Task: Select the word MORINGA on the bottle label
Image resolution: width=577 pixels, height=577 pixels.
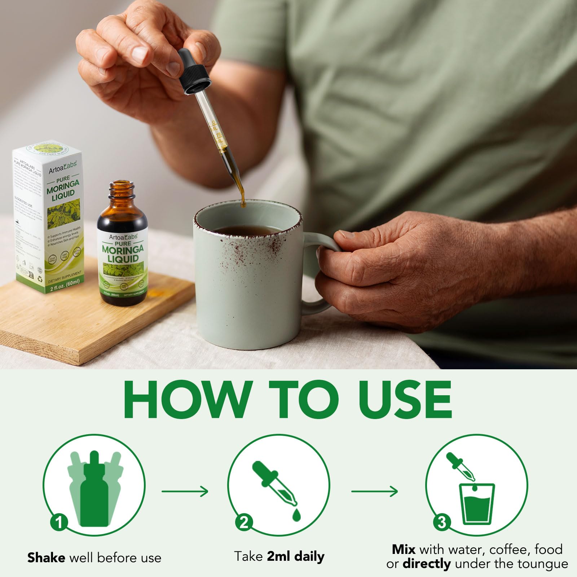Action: [123, 249]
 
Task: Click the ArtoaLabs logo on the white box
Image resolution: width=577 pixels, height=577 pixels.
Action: [63, 167]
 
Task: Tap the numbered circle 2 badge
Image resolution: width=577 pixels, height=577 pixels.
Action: [244, 522]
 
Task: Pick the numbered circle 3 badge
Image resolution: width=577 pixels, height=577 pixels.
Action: [442, 522]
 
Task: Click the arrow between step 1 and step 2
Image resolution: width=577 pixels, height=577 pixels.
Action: [185, 491]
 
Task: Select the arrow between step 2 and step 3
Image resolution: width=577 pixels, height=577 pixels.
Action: [374, 491]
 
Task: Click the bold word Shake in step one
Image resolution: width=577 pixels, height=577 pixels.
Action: [46, 558]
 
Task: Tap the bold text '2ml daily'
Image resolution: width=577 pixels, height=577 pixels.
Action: [296, 556]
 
